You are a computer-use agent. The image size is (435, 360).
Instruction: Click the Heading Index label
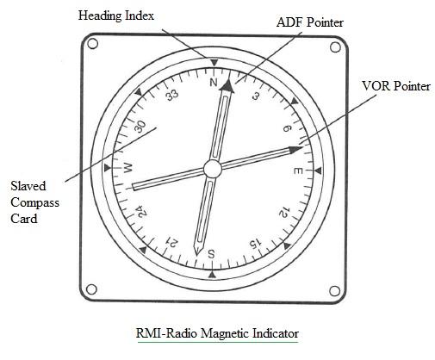[116, 16]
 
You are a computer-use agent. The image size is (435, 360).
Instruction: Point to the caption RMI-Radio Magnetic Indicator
[218, 332]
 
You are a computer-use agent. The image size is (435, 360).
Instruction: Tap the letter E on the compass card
[297, 171]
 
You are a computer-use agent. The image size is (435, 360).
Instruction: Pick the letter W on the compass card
[130, 166]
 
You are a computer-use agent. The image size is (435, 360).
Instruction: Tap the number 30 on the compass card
[140, 126]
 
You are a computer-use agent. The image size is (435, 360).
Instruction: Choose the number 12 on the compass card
[283, 212]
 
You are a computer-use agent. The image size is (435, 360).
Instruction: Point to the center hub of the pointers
[213, 167]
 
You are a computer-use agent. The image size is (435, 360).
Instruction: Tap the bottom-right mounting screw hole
[334, 289]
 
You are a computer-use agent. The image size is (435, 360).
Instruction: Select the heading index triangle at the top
[212, 60]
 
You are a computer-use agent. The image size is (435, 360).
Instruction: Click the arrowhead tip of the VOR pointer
[292, 150]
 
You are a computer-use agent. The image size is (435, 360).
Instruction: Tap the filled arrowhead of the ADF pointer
[227, 85]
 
